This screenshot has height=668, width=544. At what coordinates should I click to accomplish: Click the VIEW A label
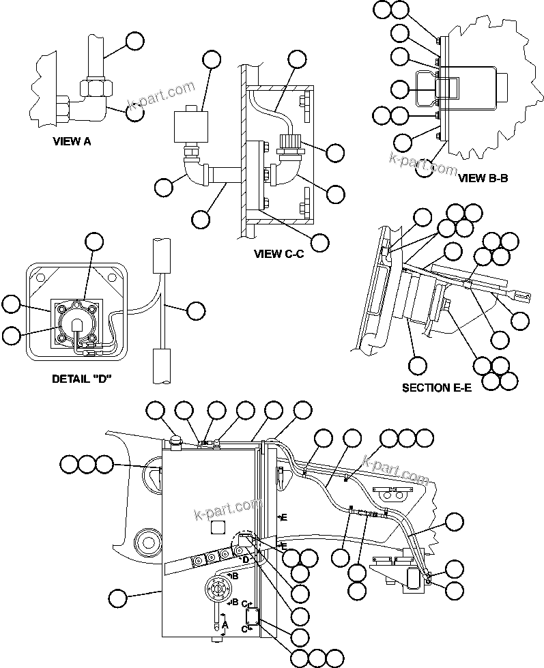pyautogui.click(x=72, y=143)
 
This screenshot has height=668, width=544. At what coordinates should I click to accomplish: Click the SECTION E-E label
pyautogui.click(x=437, y=388)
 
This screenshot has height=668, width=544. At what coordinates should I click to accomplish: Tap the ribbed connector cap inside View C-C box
pyautogui.click(x=287, y=144)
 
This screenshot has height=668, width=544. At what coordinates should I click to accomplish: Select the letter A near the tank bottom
pyautogui.click(x=225, y=624)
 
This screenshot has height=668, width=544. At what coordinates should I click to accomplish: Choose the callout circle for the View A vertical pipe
pyautogui.click(x=135, y=41)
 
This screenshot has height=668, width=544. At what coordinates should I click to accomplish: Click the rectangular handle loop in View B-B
pyautogui.click(x=448, y=89)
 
